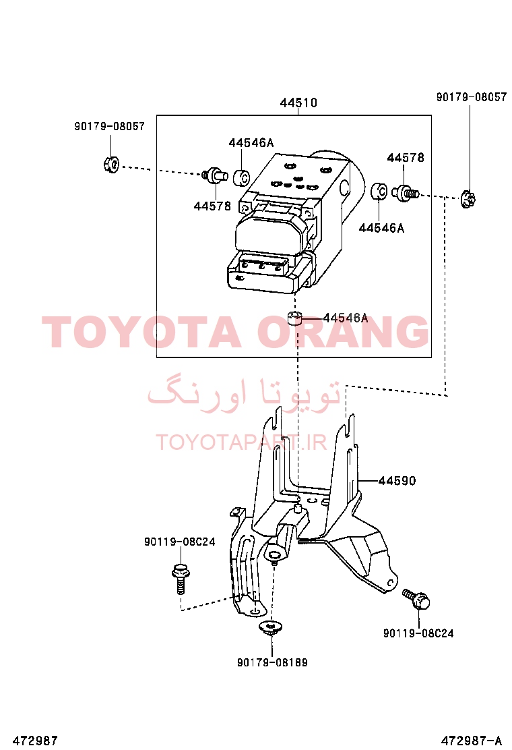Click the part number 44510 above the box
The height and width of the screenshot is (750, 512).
(298, 103)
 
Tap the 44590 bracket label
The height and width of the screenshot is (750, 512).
(397, 480)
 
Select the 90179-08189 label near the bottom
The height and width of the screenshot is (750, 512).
(272, 662)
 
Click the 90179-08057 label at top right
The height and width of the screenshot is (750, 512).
(472, 97)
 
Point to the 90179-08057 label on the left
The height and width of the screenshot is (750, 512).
(109, 126)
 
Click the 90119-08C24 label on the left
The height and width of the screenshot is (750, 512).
(180, 542)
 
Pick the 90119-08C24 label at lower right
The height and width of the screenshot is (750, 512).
(418, 633)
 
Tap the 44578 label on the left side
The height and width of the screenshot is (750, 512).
(212, 206)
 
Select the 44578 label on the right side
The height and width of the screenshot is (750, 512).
(406, 157)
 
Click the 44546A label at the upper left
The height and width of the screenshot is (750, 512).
(251, 142)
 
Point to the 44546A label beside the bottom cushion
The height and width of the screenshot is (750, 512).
(346, 318)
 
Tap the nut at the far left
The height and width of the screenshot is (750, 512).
(111, 165)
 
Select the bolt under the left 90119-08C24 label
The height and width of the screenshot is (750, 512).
(180, 578)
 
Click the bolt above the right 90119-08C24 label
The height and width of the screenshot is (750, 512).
(416, 598)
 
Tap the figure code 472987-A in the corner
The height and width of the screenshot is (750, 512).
(472, 741)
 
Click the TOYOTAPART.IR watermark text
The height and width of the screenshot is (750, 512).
(241, 442)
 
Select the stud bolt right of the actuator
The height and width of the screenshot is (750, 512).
(406, 194)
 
